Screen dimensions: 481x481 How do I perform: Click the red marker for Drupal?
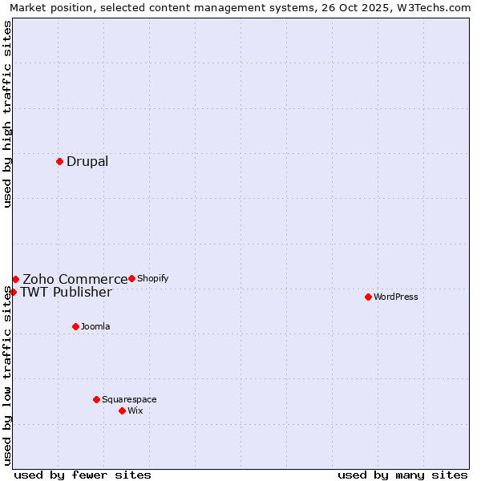[59, 161]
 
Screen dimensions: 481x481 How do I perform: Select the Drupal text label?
[87, 162]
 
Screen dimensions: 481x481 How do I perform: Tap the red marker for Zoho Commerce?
[15, 279]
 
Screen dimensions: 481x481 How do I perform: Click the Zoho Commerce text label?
[75, 279]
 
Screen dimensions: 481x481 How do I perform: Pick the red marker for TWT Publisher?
[13, 292]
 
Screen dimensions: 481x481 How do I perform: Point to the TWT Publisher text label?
[66, 292]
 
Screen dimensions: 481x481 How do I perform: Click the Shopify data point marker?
[131, 278]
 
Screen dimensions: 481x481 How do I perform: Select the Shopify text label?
[152, 279]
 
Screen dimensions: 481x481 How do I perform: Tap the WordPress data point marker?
[368, 297]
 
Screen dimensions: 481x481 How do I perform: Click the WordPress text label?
[396, 297]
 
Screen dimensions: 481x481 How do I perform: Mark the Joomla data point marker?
[75, 326]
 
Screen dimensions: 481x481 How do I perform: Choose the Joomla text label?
[95, 326]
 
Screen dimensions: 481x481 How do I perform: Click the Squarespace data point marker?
[96, 399]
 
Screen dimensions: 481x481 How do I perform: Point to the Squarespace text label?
[129, 399]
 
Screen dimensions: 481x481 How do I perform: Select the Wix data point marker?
[122, 410]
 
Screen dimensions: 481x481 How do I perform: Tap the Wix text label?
[135, 410]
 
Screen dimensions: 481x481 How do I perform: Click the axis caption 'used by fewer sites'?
[83, 475]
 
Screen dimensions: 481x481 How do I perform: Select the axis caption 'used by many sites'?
[402, 475]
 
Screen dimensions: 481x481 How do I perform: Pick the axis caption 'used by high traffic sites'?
[7, 114]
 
